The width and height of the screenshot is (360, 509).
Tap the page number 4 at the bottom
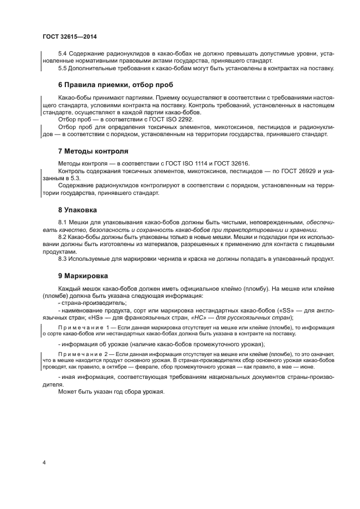coord(44,463)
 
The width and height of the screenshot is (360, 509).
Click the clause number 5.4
coord(63,54)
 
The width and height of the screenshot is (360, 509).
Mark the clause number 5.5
coord(63,68)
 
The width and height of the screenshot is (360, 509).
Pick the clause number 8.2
coord(63,238)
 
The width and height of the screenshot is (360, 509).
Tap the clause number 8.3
coord(63,259)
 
